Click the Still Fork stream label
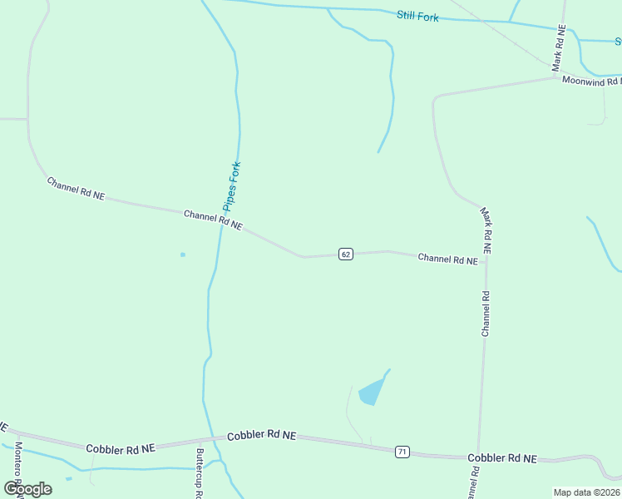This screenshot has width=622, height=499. pyautogui.click(x=417, y=17)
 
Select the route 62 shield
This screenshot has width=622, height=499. pyautogui.click(x=346, y=254)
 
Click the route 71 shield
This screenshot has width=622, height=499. pyautogui.click(x=402, y=452)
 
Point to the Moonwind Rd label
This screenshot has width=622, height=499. pyautogui.click(x=590, y=81)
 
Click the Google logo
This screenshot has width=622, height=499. pyautogui.click(x=27, y=488)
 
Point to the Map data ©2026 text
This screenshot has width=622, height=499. pyautogui.click(x=586, y=492)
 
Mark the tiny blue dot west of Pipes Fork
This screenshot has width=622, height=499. pyautogui.click(x=183, y=254)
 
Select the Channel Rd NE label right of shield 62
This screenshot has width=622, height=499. pyautogui.click(x=447, y=259)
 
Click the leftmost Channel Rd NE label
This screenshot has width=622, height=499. pyautogui.click(x=76, y=188)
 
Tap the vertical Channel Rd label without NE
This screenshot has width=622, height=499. pyautogui.click(x=486, y=313)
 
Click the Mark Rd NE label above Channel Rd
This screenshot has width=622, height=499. pyautogui.click(x=486, y=230)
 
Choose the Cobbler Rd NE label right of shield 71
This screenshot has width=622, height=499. pyautogui.click(x=501, y=458)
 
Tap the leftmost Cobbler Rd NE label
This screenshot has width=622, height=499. pyautogui.click(x=121, y=448)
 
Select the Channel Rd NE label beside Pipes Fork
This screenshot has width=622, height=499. pyautogui.click(x=213, y=220)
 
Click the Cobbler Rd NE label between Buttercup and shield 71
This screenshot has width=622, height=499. pyautogui.click(x=261, y=435)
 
